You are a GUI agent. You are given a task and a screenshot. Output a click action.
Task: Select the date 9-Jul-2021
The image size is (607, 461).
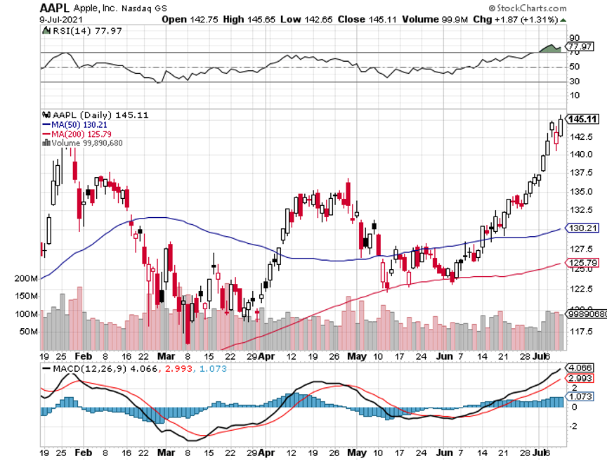(x=58, y=20)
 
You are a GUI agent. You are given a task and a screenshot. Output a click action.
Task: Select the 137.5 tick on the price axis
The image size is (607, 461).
(x=578, y=173)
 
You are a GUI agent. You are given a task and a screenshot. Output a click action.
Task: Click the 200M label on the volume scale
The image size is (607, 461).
(x=25, y=279)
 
